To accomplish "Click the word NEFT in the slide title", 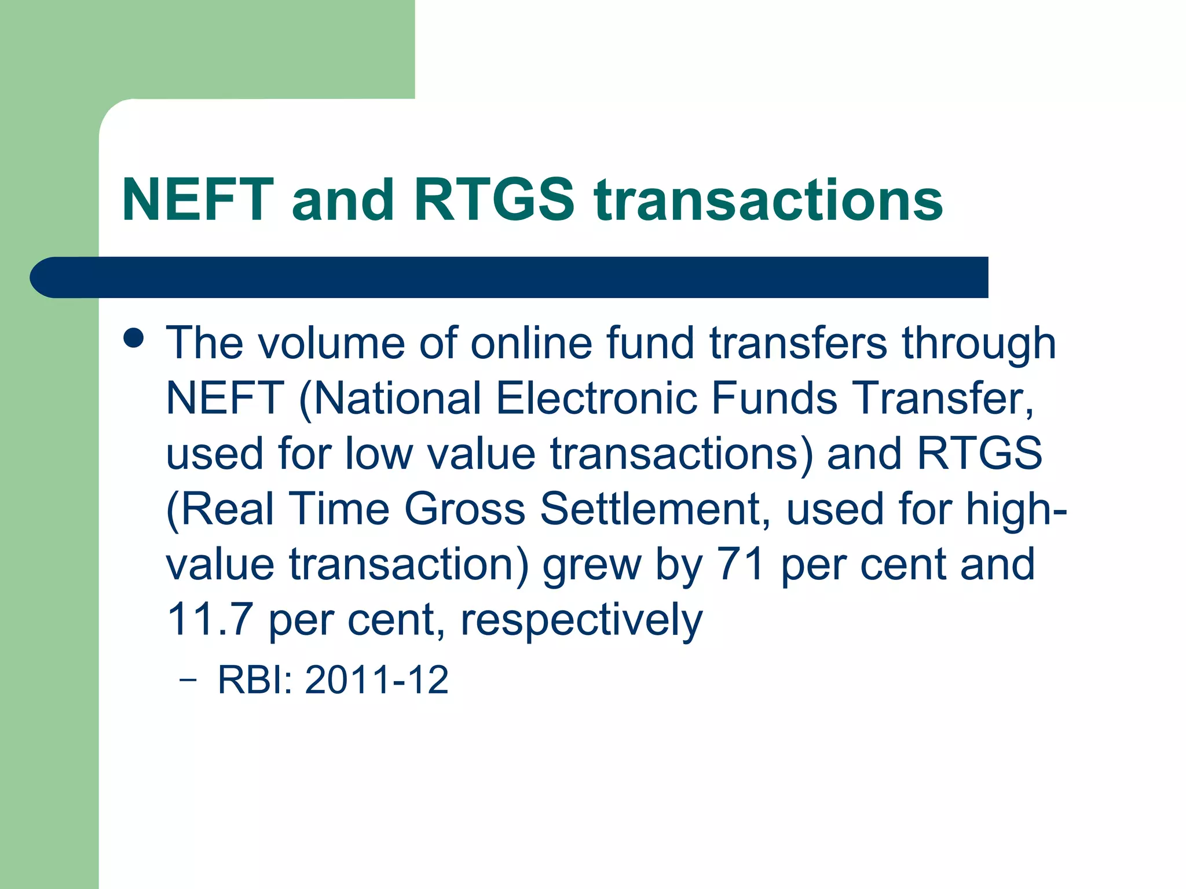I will [x=197, y=200].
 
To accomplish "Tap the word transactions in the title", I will [x=768, y=200].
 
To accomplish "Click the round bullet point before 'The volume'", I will [x=134, y=338].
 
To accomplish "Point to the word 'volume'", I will [x=331, y=343].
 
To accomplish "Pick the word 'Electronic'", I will [x=596, y=399].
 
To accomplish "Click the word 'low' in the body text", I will [x=379, y=454].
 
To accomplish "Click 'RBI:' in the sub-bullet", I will [x=255, y=679].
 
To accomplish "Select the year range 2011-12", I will [x=376, y=679].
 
